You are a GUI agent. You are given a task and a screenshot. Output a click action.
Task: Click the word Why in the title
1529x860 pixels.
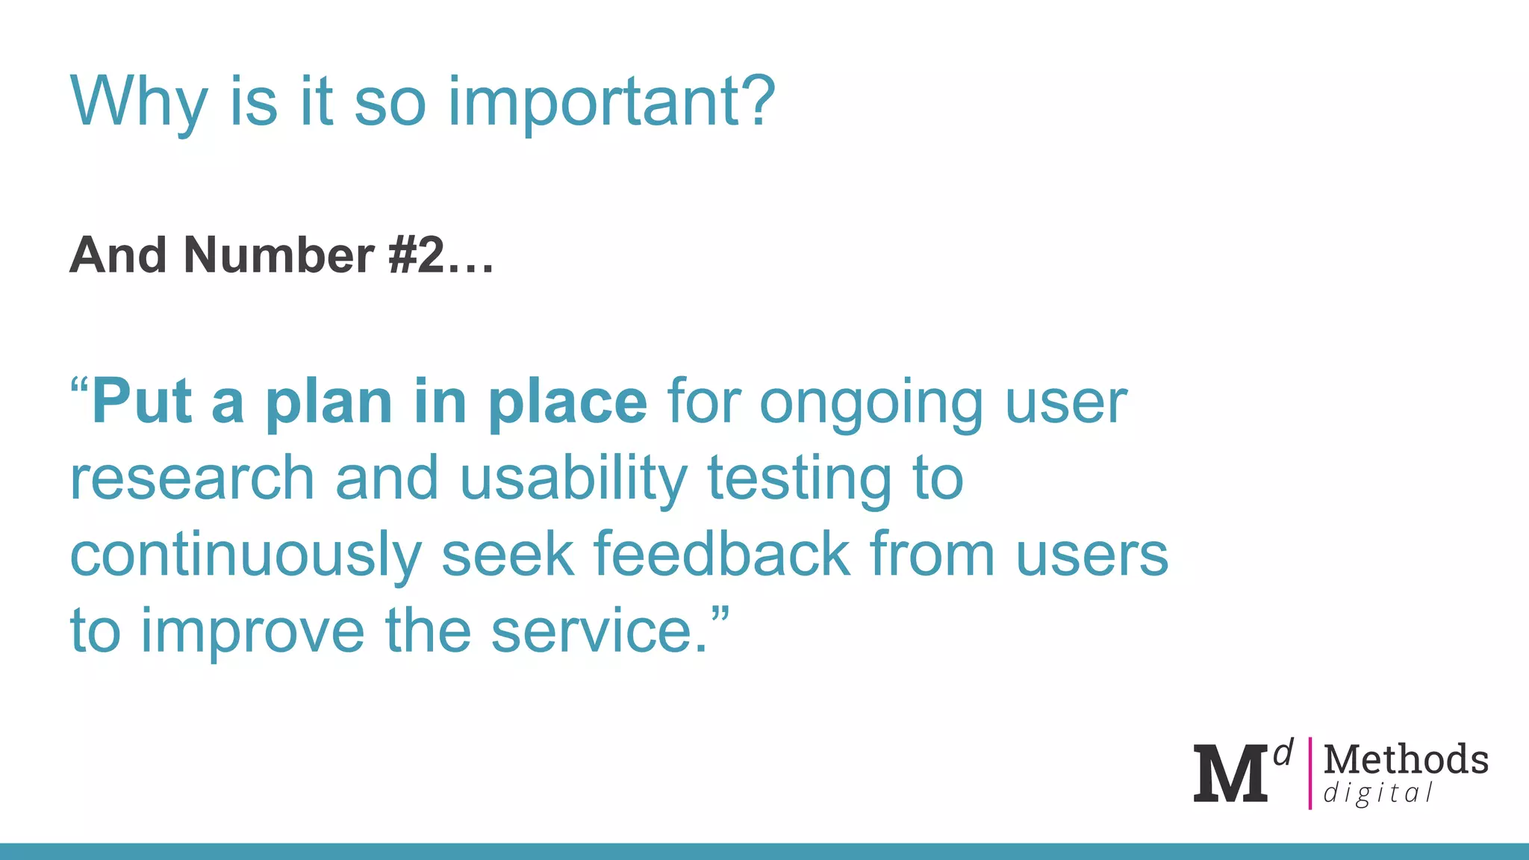(x=138, y=102)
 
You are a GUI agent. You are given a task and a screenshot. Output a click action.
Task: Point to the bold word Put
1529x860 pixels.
(x=142, y=402)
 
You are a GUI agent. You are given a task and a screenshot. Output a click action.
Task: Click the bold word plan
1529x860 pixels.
(x=328, y=404)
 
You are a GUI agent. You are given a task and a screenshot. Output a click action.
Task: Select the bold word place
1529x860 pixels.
(x=567, y=404)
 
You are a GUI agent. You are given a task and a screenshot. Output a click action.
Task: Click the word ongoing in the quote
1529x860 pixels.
(x=871, y=404)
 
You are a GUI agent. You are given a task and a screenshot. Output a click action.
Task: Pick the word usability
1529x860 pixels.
(x=573, y=479)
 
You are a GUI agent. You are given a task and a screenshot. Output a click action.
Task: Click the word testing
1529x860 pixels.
(x=799, y=479)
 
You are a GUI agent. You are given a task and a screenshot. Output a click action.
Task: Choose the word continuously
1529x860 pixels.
(x=246, y=556)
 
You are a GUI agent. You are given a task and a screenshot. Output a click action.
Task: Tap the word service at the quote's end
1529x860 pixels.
(x=593, y=632)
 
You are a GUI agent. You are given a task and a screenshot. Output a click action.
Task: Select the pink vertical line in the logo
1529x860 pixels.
(x=1310, y=773)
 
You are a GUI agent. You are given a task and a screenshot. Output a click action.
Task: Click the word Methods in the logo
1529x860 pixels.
(x=1406, y=760)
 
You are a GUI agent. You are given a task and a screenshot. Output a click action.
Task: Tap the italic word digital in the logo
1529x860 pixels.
(x=1377, y=794)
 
